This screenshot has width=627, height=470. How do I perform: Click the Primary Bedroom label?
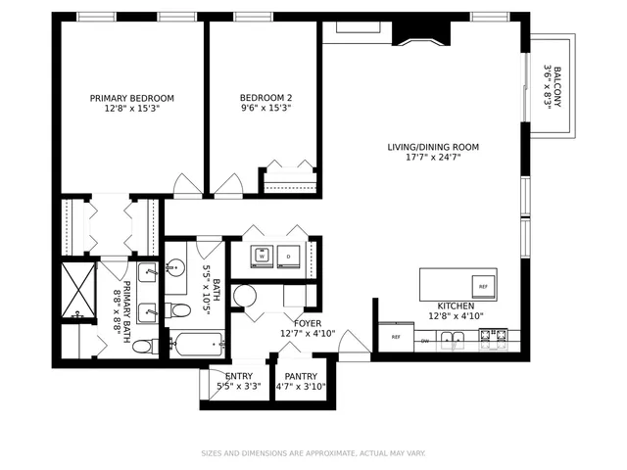click(132, 98)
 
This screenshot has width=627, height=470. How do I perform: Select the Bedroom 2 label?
click(266, 98)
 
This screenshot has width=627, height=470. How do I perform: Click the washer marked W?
click(263, 258)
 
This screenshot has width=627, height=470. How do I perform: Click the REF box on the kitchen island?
click(482, 286)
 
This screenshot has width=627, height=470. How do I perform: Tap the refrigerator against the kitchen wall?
click(396, 337)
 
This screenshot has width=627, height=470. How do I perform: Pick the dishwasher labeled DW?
click(425, 340)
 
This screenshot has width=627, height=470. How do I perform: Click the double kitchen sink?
click(453, 340)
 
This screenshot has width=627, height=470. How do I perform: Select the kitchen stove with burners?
click(492, 339)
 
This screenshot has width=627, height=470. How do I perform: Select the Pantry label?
click(300, 376)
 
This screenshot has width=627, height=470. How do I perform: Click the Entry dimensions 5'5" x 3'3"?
click(239, 386)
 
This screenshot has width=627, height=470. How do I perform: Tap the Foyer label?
click(308, 322)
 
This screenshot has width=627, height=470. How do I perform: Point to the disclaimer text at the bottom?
click(313, 452)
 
